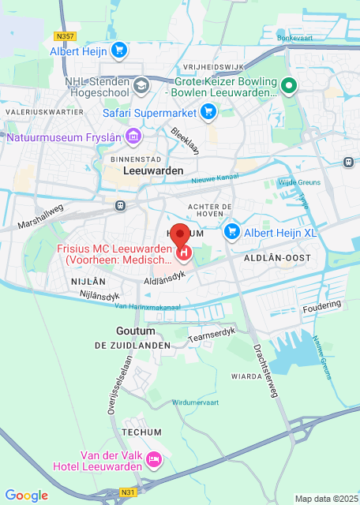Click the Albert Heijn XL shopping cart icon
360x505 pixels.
(x=232, y=231)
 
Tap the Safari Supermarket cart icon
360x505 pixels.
(x=208, y=113)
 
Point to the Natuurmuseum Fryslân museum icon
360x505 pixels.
(x=133, y=137)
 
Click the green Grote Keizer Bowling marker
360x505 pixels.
(x=290, y=86)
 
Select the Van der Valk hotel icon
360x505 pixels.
(x=155, y=458)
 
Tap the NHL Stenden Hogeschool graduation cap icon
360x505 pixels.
(x=141, y=84)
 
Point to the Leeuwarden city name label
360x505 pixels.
(x=153, y=170)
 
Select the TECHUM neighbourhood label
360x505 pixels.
(x=142, y=432)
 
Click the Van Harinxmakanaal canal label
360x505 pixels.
(x=148, y=306)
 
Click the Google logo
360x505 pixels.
(x=26, y=495)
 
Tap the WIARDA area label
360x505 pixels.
(x=246, y=376)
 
